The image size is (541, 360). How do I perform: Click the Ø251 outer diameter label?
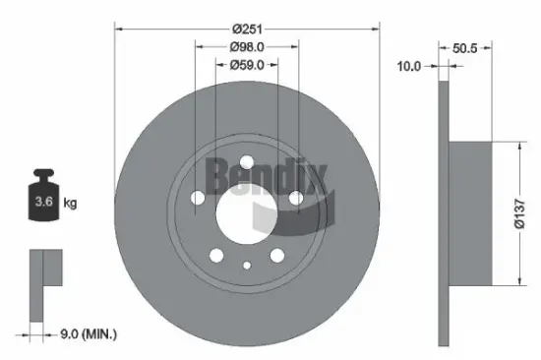coord(246,30)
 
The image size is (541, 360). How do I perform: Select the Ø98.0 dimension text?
coord(246,48)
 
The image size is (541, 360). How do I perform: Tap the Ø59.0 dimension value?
coord(246,67)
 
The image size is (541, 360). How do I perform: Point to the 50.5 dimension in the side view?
coord(470,45)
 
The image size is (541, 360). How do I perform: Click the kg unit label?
coord(70,204)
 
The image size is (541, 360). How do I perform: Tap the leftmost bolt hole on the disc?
coord(199,200)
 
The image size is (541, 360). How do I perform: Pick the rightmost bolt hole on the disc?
coord(294,200)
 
